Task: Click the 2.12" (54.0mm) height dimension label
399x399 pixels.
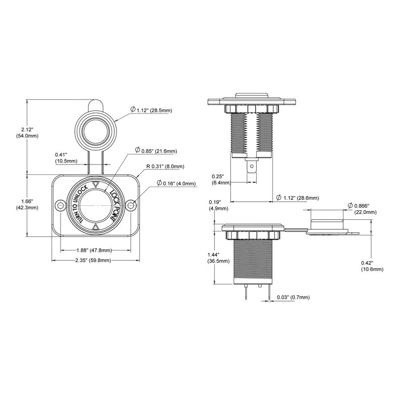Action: point(27,133)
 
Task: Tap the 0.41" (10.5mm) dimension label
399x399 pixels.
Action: point(66,158)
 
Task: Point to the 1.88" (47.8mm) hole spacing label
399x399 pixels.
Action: point(94,250)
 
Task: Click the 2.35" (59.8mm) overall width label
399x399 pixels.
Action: point(93,260)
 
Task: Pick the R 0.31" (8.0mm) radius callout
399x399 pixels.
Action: point(165,167)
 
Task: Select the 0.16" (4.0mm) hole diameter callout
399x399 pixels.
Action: point(176,183)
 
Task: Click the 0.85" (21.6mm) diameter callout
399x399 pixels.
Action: point(156,151)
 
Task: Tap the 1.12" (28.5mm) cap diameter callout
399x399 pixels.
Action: point(151,110)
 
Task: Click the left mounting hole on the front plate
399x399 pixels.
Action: point(60,205)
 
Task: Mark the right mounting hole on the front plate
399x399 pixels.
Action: point(131,205)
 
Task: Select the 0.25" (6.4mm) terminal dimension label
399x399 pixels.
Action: point(221,180)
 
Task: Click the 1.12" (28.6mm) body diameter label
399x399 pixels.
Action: point(297,198)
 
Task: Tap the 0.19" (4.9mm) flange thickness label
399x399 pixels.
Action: point(219,205)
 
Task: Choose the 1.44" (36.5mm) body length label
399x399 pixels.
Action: point(218,258)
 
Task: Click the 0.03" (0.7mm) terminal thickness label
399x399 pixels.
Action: point(293,297)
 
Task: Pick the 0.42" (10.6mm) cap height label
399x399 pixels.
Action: point(372,266)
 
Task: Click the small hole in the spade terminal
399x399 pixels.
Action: point(252,167)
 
